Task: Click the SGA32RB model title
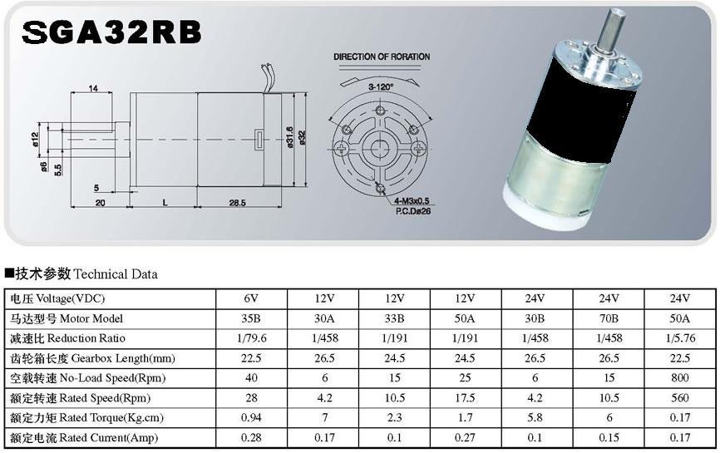coord(111,32)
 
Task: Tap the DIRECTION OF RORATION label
coord(382,57)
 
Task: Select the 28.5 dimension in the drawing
coord(238,203)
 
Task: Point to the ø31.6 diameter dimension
coord(289,137)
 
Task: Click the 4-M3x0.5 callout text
coord(412,201)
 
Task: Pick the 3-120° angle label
coord(381,86)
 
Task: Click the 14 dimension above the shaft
coord(93,88)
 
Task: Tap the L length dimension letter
coord(165,203)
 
